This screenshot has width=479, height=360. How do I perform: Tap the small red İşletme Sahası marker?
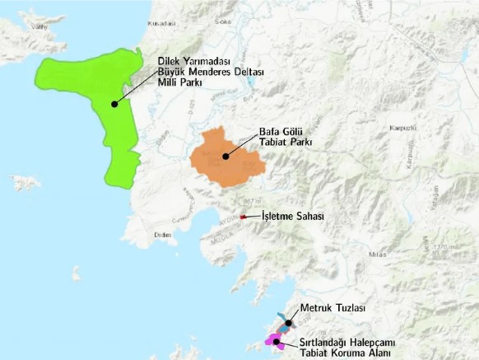pyautogui.click(x=243, y=217)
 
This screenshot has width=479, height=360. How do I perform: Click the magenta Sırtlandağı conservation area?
pyautogui.click(x=271, y=339)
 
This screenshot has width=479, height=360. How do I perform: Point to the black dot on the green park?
pyautogui.click(x=114, y=104)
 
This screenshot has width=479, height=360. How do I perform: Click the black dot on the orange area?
pyautogui.click(x=225, y=154)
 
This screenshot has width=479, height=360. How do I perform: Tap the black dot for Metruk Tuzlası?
pyautogui.click(x=286, y=322)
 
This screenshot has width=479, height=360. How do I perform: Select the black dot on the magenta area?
pyautogui.click(x=277, y=341)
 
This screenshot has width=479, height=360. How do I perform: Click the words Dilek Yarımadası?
pyautogui.click(x=194, y=61)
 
